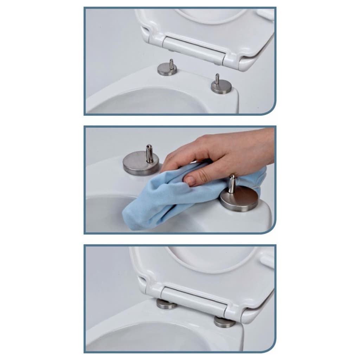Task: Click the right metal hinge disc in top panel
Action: point(221,88)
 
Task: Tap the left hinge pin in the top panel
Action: point(171,64)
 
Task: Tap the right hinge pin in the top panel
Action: point(217,79)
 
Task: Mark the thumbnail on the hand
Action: point(190,181)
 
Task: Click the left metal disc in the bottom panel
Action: point(167,304)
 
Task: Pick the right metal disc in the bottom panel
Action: point(224,322)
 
